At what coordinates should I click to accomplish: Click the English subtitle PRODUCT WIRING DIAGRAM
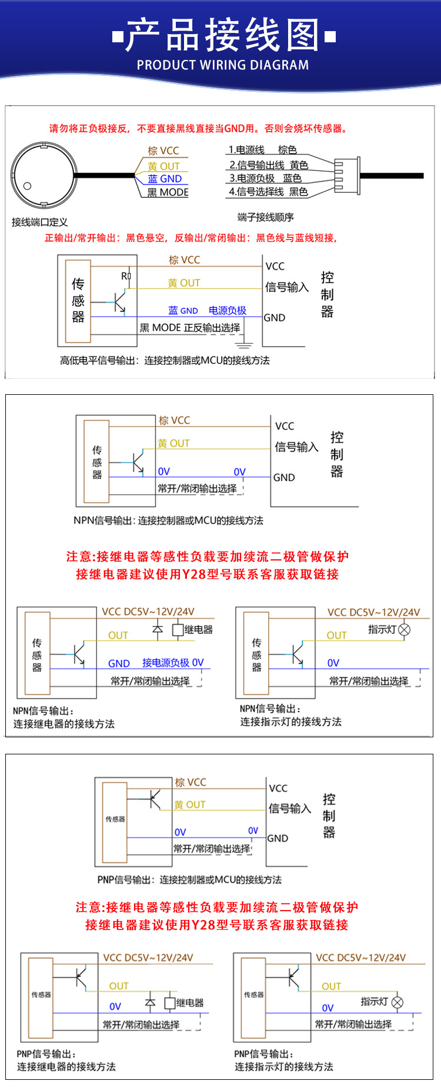(222, 65)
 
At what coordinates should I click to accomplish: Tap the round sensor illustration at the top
(44, 174)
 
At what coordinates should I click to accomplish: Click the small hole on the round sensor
(27, 186)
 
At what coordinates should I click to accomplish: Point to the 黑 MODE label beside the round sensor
(168, 192)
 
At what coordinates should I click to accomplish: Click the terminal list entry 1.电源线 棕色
(262, 150)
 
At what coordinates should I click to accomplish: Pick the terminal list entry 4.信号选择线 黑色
(268, 192)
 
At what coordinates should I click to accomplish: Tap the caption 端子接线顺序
(265, 217)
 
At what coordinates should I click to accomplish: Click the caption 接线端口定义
(39, 222)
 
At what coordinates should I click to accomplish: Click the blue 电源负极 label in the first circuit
(228, 310)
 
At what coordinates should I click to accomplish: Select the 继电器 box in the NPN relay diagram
(178, 630)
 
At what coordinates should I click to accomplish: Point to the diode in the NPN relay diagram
(157, 630)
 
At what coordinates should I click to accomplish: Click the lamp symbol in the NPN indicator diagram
(404, 629)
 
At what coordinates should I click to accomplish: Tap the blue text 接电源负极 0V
(173, 663)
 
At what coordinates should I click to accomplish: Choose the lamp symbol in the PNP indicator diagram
(397, 1002)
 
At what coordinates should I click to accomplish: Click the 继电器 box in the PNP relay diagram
(170, 1003)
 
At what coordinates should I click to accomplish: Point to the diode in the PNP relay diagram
(150, 1003)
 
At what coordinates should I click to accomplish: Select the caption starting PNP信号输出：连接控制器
(189, 879)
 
